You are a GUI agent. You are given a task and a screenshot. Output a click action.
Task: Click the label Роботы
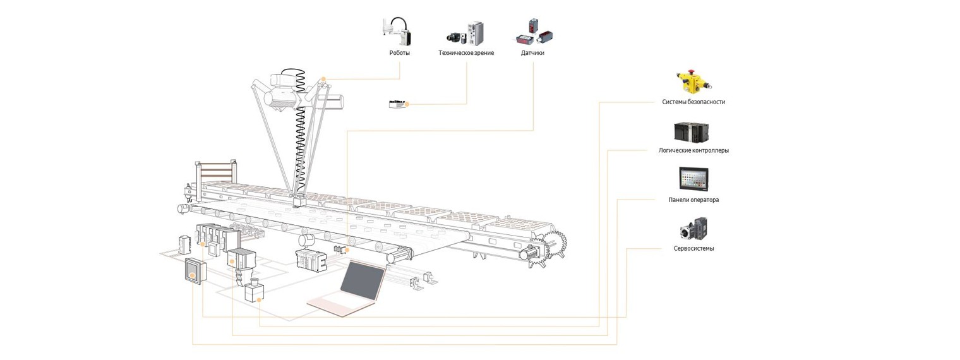coord(399,53)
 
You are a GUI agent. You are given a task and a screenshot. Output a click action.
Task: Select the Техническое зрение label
coord(466,53)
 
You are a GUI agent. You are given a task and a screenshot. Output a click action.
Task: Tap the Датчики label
coord(532,53)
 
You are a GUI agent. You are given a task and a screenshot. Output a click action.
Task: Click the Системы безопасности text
coord(693,102)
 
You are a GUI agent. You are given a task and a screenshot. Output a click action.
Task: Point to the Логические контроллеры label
coord(693,150)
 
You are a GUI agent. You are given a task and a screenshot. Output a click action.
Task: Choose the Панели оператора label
coord(693,200)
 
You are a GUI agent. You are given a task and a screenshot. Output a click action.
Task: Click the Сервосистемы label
coord(693,248)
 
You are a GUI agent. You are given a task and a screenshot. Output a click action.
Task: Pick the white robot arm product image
coord(398,32)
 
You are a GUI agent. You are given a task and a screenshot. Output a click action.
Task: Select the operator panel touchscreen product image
coord(693,179)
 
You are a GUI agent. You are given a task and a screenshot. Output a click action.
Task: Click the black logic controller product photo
coord(693,131)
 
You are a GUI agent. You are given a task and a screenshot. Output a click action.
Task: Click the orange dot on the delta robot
coord(323,80)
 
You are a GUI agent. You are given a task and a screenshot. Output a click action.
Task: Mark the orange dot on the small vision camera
coord(407,104)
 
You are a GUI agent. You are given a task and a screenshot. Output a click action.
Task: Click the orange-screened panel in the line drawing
coord(193,273)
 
